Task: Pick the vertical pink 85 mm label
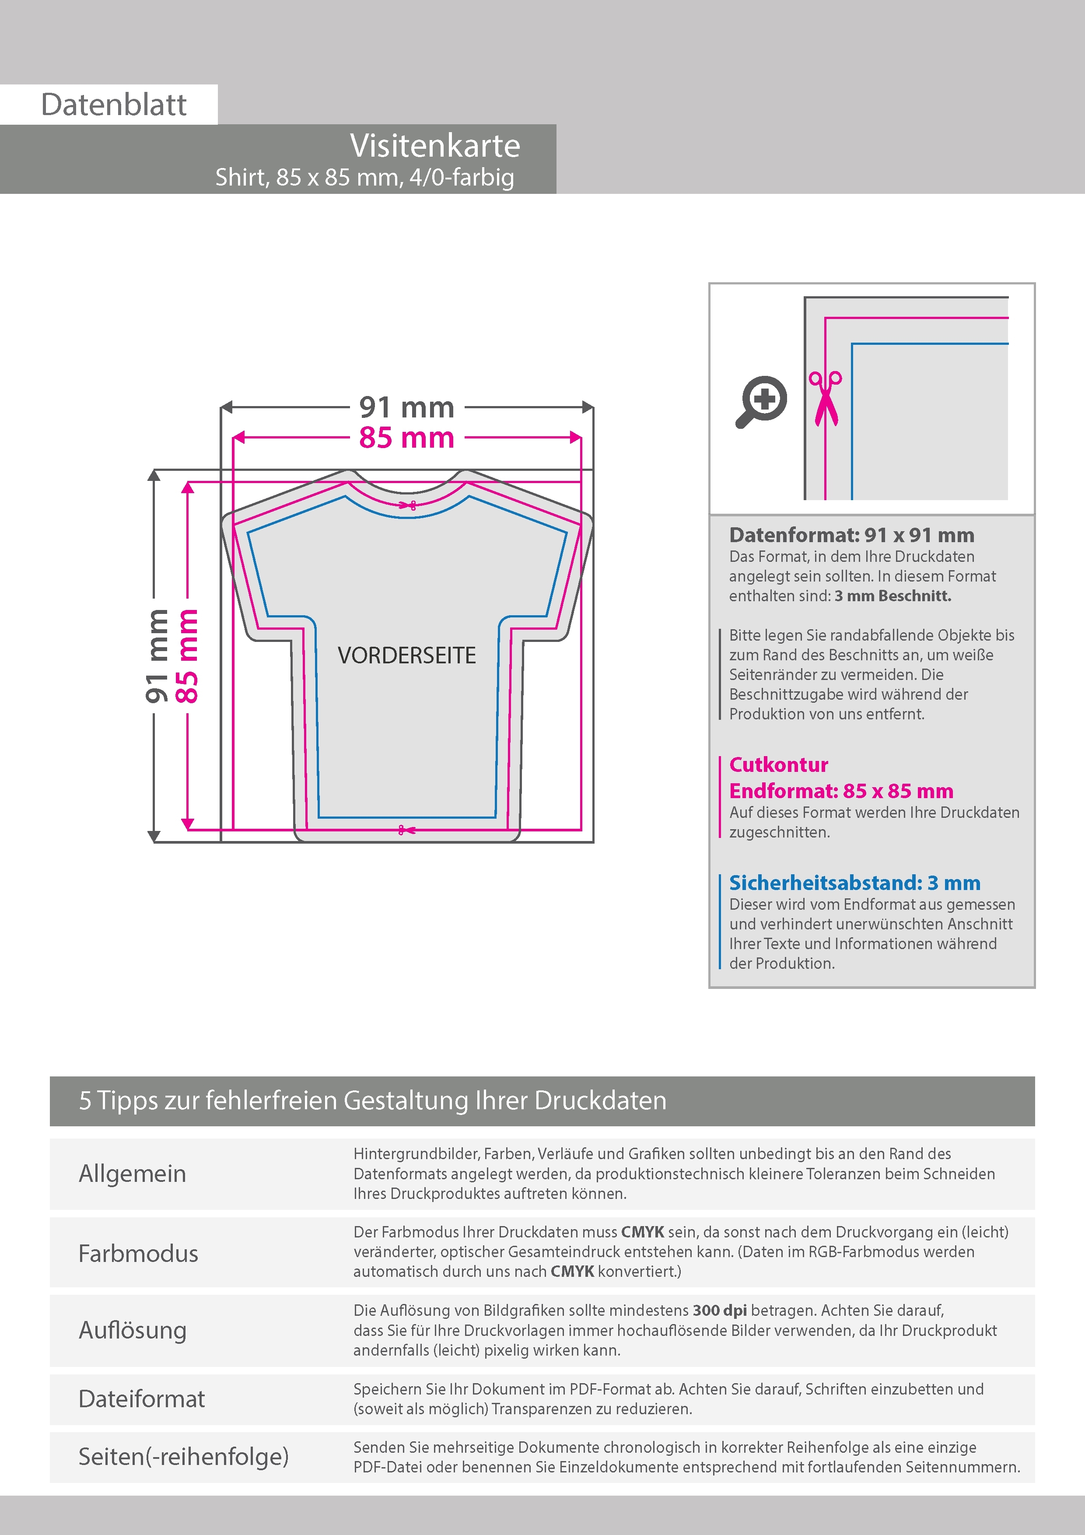(x=187, y=655)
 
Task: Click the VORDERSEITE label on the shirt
(x=406, y=655)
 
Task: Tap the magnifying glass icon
(x=761, y=401)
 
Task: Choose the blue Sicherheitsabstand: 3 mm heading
(x=854, y=883)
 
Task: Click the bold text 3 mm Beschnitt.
(x=892, y=596)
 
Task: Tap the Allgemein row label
(x=133, y=1173)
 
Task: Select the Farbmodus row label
(x=138, y=1253)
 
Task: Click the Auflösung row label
(x=133, y=1330)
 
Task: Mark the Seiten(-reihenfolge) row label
(x=183, y=1456)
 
